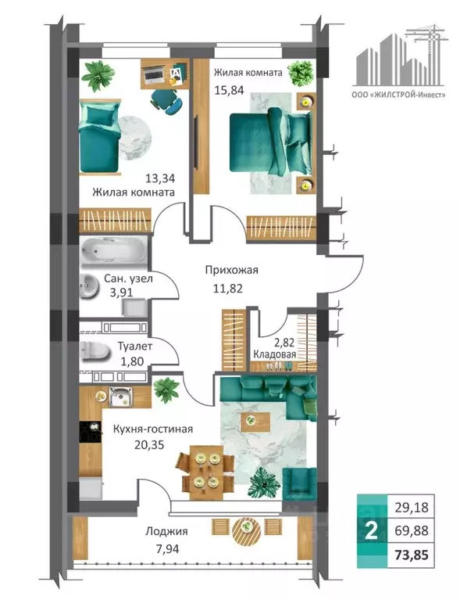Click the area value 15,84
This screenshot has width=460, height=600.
[x=229, y=90]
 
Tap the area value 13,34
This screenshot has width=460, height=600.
[x=160, y=178]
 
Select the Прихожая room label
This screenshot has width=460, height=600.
[x=231, y=270]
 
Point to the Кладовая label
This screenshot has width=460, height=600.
[x=275, y=354]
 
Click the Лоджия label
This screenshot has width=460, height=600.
[x=166, y=531]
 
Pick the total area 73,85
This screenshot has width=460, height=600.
[x=411, y=555]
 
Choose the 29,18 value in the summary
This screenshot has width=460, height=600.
[x=411, y=508]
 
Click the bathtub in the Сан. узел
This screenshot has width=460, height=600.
[x=114, y=251]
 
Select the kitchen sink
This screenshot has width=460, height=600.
[x=120, y=397]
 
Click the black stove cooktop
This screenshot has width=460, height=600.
[x=91, y=432]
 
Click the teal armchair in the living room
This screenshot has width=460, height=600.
[x=300, y=483]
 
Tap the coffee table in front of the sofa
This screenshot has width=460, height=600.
[x=255, y=422]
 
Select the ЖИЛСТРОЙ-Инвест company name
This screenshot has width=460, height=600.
[x=398, y=94]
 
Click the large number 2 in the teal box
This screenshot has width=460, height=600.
[x=371, y=530]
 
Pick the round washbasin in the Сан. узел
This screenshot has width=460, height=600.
[x=88, y=286]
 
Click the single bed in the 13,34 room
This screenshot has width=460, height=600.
[x=99, y=137]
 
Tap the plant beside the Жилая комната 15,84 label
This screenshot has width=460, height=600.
[x=301, y=73]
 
